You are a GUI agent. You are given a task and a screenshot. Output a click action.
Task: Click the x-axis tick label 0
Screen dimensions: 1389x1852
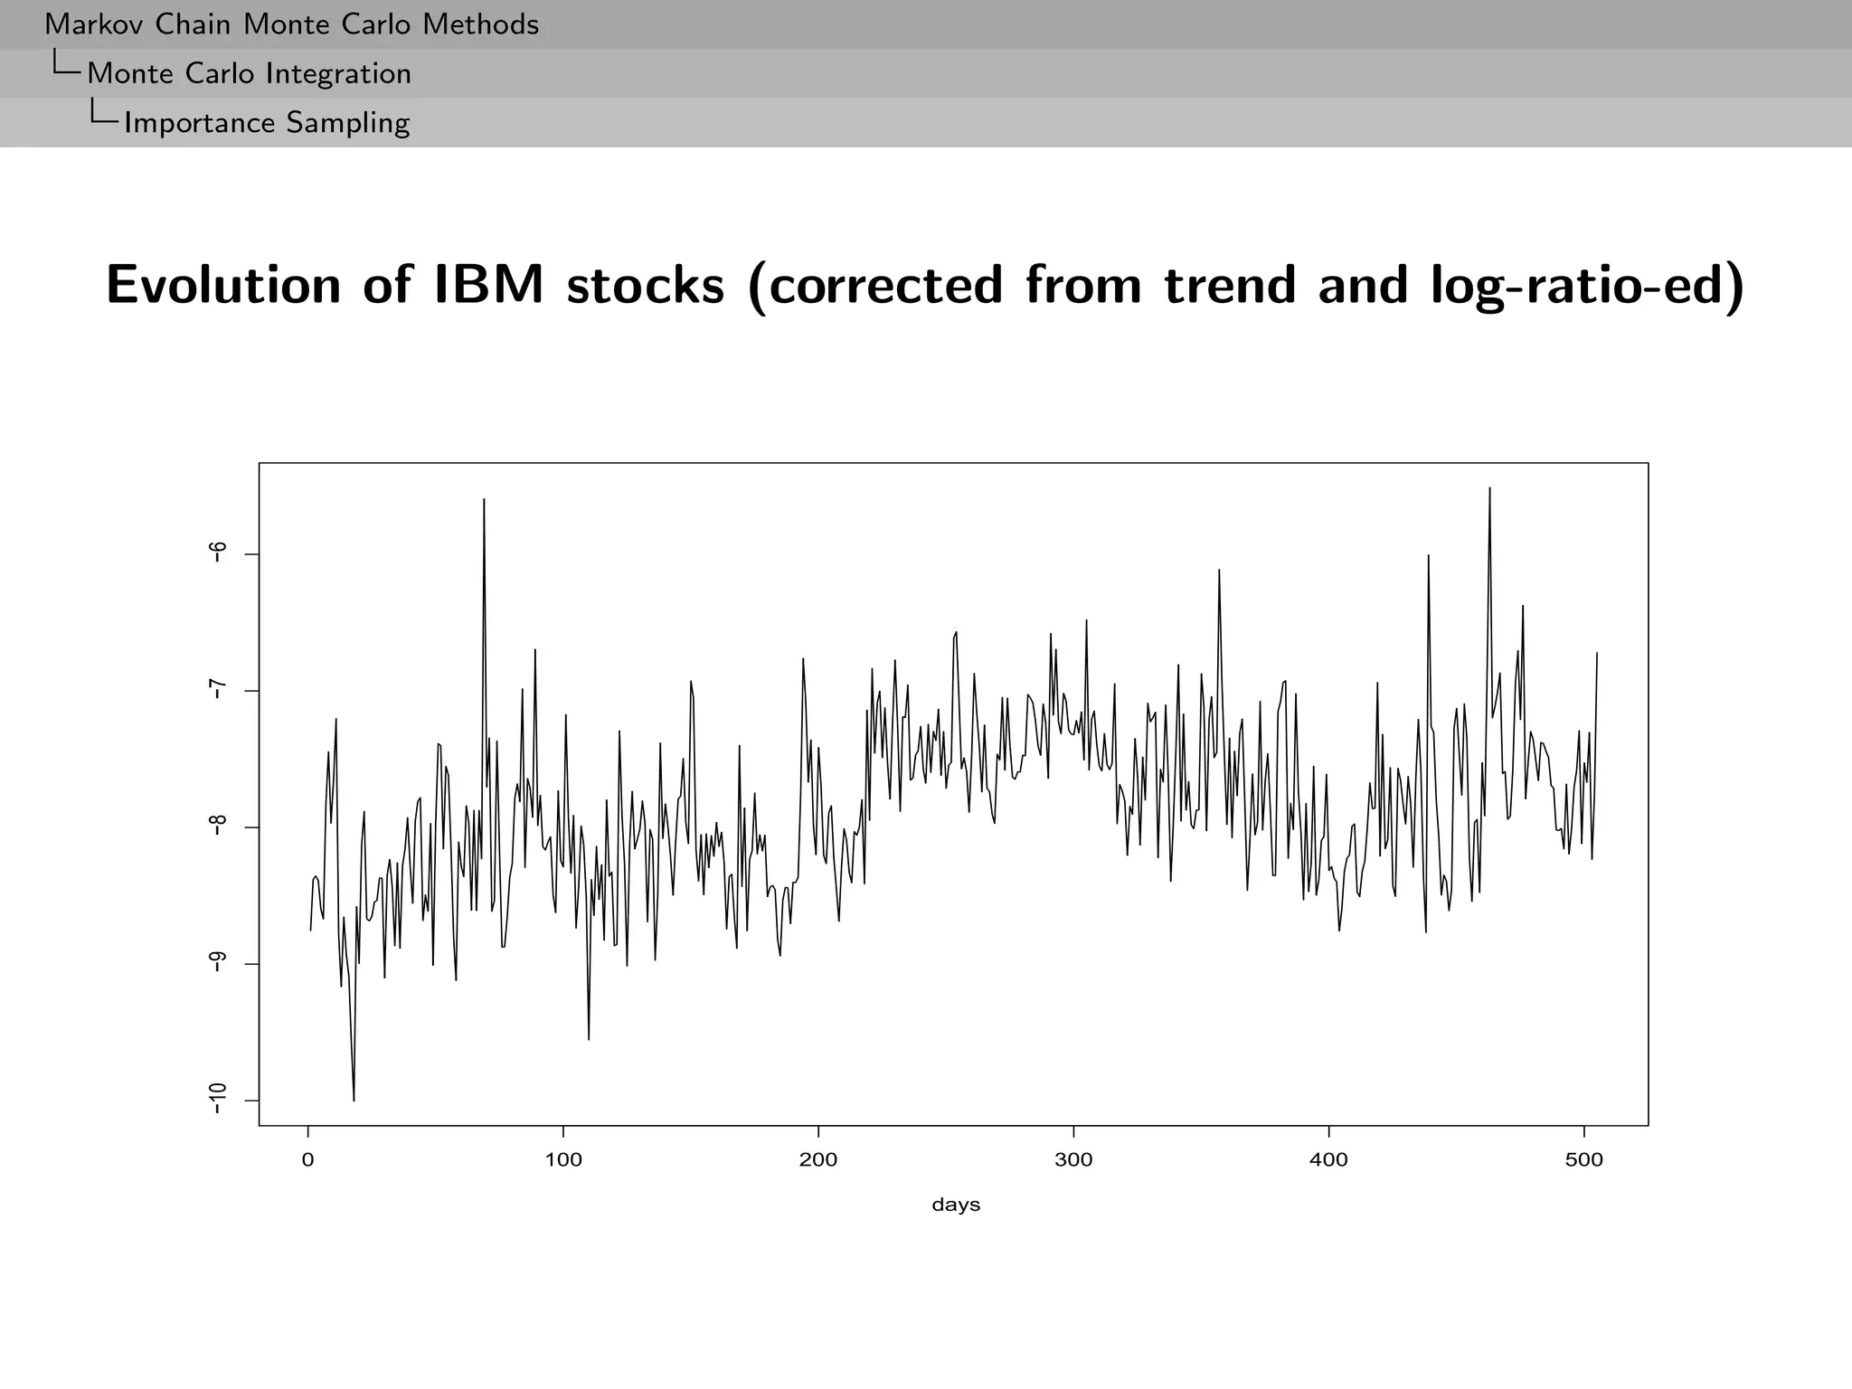click(308, 1160)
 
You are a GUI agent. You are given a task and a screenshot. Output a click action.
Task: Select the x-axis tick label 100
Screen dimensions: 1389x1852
click(563, 1160)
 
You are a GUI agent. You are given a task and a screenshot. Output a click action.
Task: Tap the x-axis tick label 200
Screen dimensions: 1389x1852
click(818, 1160)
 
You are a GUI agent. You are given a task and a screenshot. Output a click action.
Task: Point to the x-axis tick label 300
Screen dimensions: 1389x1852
click(1073, 1160)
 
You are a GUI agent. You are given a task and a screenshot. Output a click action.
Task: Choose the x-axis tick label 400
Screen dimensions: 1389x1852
click(1328, 1160)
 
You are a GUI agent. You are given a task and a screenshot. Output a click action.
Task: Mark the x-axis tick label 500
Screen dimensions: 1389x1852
click(1583, 1160)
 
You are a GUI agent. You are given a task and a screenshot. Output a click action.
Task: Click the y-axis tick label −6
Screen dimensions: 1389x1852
click(217, 553)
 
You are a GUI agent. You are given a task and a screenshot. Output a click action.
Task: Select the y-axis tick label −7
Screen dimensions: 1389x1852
click(217, 690)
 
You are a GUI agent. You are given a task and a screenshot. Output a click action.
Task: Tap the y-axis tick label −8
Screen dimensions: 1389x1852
click(217, 827)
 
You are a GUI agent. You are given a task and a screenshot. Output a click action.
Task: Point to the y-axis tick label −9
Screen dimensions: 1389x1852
click(217, 963)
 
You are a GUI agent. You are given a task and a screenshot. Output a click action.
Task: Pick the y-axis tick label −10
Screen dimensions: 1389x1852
click(217, 1101)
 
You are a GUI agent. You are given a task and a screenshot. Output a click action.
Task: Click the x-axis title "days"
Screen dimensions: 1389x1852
click(956, 1205)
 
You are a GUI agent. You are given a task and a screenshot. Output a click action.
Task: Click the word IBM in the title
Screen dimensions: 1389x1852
click(489, 285)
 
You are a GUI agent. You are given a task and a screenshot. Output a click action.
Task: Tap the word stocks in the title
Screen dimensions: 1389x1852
click(646, 285)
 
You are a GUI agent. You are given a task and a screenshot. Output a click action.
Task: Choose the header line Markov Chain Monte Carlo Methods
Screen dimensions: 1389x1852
click(291, 24)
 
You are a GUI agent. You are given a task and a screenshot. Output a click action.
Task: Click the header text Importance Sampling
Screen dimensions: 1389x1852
click(267, 122)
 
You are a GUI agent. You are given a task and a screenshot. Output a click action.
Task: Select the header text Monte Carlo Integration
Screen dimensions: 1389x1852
click(249, 73)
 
